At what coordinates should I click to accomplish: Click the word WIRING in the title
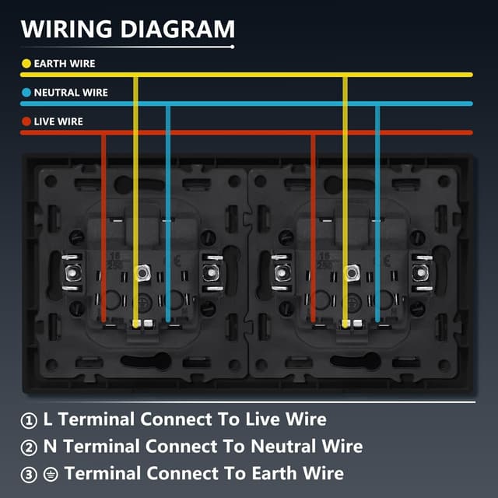click(x=66, y=29)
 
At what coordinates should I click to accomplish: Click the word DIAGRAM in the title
click(x=175, y=29)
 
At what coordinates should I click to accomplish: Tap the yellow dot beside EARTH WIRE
click(x=26, y=64)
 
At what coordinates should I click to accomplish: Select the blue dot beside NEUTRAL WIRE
click(x=26, y=93)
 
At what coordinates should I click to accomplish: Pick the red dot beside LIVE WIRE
click(x=26, y=121)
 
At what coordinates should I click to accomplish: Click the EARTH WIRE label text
click(x=65, y=64)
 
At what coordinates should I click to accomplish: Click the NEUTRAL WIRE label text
click(x=71, y=93)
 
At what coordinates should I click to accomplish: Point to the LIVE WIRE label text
click(x=58, y=121)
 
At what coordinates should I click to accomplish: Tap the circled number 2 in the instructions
click(x=29, y=447)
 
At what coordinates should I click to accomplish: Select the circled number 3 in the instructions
click(x=29, y=474)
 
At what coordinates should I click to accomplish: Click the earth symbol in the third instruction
click(x=52, y=474)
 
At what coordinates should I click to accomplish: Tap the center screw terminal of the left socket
click(x=142, y=273)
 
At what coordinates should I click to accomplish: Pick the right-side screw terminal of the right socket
click(x=421, y=273)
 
